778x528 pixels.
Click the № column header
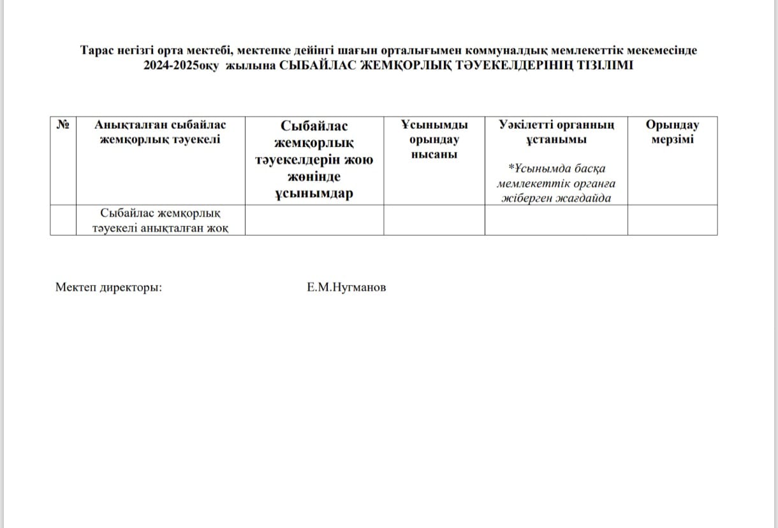click(x=63, y=125)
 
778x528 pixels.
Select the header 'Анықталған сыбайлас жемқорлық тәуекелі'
click(x=160, y=132)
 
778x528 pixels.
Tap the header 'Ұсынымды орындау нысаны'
click(x=434, y=139)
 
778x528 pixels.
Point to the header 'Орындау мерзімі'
click(x=672, y=132)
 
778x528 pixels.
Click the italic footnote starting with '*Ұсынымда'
click(x=556, y=183)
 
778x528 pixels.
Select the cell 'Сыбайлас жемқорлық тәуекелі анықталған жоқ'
click(x=160, y=220)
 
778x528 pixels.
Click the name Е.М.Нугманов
click(x=346, y=287)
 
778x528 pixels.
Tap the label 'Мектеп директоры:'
click(x=109, y=287)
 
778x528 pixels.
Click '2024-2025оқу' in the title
click(x=181, y=64)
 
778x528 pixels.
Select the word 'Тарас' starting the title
click(x=96, y=50)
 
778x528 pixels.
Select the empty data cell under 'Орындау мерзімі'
click(x=672, y=220)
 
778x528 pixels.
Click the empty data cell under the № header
click(x=63, y=220)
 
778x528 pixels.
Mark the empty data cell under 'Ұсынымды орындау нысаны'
click(x=434, y=220)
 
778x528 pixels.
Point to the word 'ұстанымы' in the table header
click(x=556, y=139)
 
